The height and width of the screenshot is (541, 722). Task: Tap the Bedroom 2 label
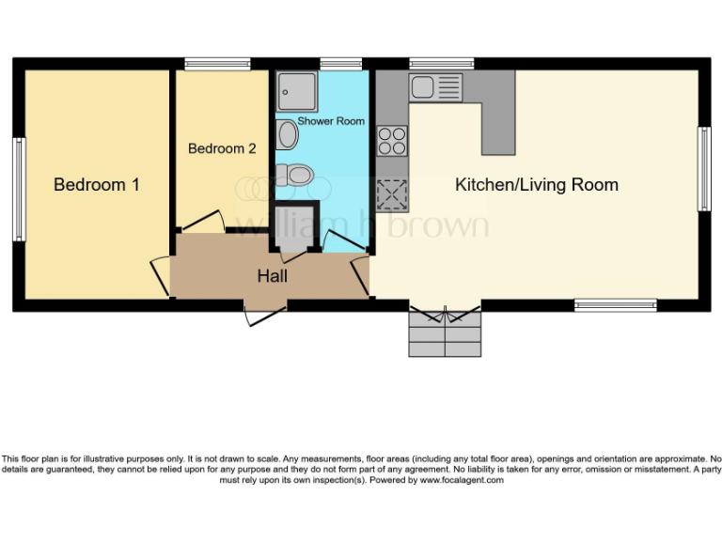222,148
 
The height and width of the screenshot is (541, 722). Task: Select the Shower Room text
331,121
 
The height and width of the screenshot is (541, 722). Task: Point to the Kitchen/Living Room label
536,185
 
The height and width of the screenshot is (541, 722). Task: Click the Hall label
273,276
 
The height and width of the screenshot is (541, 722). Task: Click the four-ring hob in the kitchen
391,140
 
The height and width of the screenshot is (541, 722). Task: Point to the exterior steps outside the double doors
445,333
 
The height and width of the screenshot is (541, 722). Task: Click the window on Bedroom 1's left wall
18,189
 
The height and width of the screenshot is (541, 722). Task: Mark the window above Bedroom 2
217,64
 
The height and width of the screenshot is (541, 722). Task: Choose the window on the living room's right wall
702,169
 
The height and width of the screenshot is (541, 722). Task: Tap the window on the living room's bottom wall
616,304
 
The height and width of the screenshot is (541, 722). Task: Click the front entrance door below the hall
265,314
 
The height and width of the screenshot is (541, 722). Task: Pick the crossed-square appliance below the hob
390,194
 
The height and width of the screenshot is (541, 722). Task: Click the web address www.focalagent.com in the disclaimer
462,480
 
